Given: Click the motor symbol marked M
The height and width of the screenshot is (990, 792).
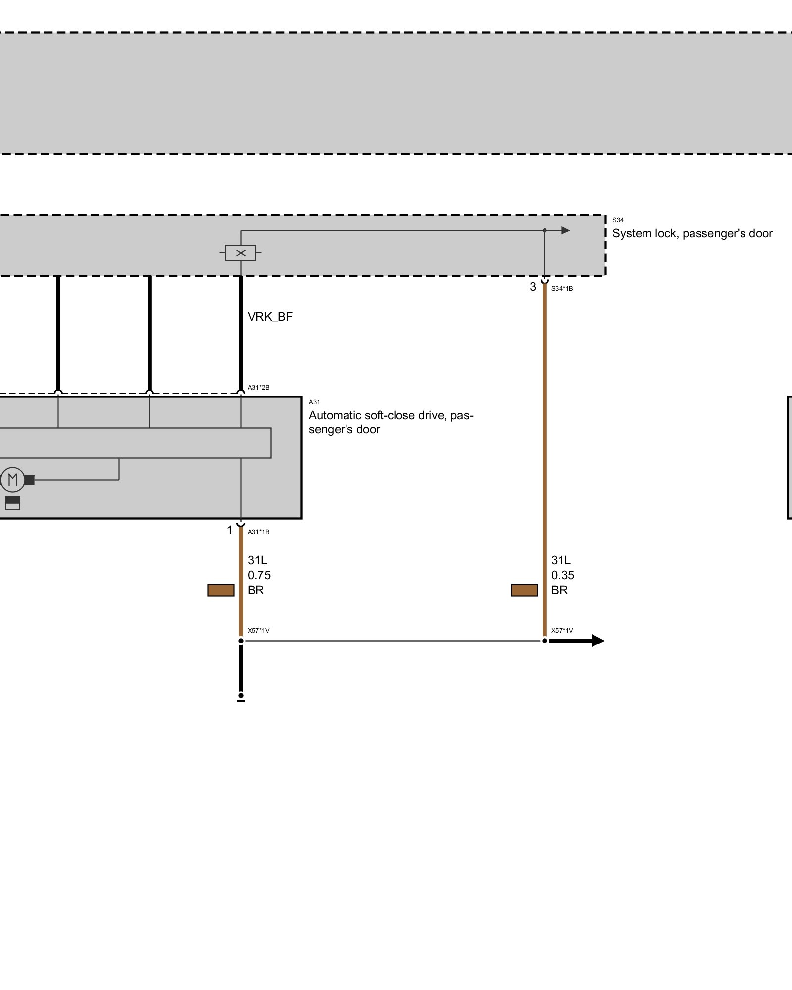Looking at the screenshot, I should coord(13,479).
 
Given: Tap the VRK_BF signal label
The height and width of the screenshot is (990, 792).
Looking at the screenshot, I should coord(270,317).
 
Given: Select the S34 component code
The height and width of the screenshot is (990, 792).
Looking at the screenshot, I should coord(618,220).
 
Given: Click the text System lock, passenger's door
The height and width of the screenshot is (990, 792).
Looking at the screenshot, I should coord(692,233).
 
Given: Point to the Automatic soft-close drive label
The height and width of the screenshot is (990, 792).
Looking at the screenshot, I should coord(391,422).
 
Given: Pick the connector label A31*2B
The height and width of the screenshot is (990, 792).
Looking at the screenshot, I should coord(258,387).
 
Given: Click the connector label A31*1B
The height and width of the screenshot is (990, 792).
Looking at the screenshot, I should coord(258,532).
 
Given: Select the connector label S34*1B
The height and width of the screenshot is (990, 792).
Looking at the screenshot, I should coord(562,288).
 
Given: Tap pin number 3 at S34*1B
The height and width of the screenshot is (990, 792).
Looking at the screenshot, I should coord(533,287).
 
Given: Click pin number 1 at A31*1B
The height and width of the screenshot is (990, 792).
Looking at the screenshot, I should coord(229,530).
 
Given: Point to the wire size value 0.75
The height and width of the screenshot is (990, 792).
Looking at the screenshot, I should coord(259,575).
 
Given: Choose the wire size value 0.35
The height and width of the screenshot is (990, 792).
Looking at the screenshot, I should coord(563,575).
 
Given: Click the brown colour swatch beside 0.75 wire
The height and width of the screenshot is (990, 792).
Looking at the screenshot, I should coord(221,590).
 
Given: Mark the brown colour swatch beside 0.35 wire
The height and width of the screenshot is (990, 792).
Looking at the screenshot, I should coord(524,590).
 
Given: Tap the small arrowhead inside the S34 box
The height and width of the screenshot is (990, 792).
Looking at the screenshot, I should coord(565,230).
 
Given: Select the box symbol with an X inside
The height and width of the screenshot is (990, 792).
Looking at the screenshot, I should coord(241,253).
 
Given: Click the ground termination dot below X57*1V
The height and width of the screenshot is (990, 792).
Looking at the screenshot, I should coord(241,696).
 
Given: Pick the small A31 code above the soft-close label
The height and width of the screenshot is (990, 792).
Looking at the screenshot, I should coord(314,402).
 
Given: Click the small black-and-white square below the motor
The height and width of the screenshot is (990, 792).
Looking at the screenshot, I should coord(12,503).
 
